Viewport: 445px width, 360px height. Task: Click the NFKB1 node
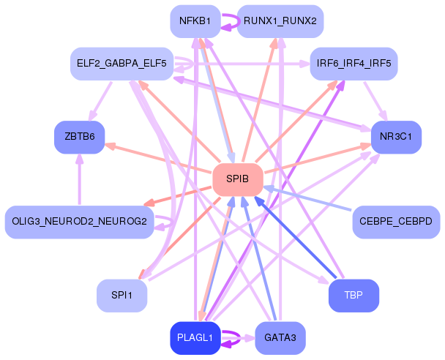(x=195, y=20)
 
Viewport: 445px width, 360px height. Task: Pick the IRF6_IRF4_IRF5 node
(x=354, y=64)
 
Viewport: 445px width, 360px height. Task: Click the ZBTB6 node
(x=79, y=137)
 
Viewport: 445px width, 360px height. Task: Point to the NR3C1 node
(x=396, y=137)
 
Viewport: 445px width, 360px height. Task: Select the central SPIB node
(x=237, y=179)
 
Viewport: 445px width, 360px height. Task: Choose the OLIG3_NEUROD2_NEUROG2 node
(x=79, y=222)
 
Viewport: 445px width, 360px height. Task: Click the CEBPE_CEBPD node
(x=396, y=222)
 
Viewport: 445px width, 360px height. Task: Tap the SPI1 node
(x=121, y=296)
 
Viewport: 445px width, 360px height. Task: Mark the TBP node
(x=354, y=296)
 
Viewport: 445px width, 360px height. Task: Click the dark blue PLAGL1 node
(x=195, y=338)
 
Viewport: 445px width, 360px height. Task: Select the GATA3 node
(x=280, y=338)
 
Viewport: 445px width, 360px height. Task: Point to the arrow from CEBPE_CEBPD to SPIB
(x=315, y=200)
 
